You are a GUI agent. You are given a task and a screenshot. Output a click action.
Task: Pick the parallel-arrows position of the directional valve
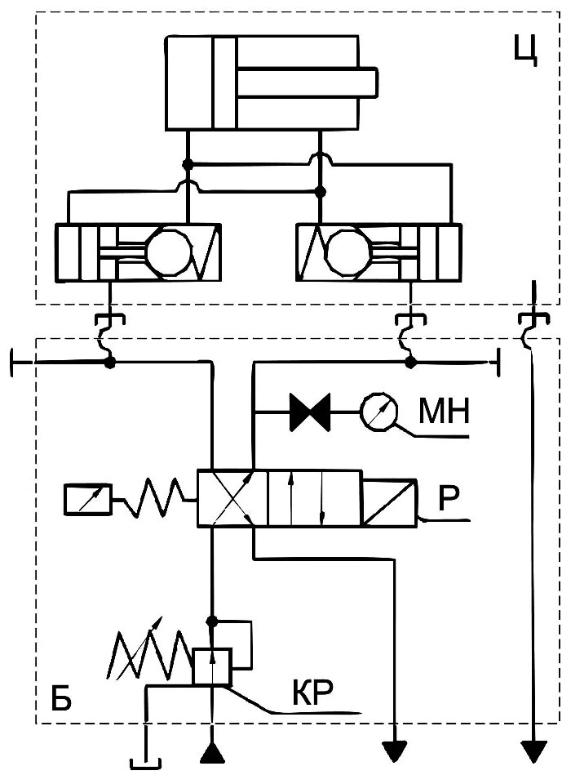click(x=307, y=499)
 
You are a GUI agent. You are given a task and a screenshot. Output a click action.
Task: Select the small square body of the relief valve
click(x=212, y=666)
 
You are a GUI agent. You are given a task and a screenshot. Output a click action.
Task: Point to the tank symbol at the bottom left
click(x=146, y=763)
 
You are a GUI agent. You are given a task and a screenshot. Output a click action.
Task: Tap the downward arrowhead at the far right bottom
click(x=533, y=751)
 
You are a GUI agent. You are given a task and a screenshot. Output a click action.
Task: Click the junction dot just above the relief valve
click(x=212, y=621)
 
